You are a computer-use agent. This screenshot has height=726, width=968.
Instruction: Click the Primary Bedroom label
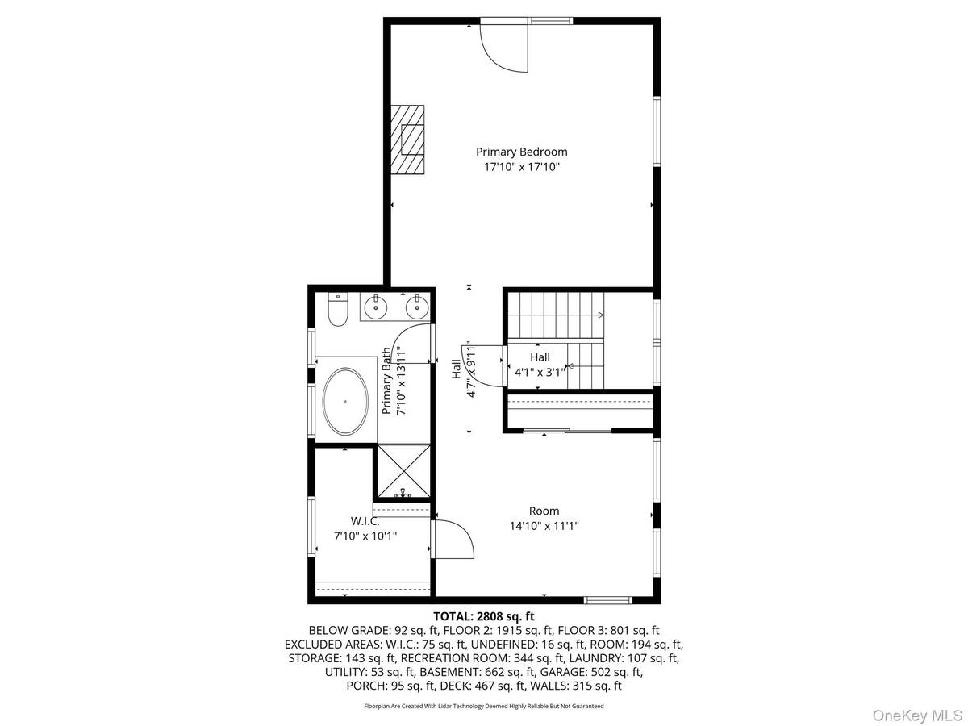tap(521, 152)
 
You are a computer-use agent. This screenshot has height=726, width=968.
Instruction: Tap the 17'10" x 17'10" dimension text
tap(521, 167)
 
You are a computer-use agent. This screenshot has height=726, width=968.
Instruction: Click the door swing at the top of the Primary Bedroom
tap(504, 47)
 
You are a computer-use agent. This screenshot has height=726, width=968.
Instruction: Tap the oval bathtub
tap(346, 402)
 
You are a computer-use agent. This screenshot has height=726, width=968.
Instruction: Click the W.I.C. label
tap(365, 520)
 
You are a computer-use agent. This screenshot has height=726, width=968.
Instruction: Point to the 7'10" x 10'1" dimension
tap(365, 536)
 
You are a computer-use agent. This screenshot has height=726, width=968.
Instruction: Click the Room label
tap(544, 511)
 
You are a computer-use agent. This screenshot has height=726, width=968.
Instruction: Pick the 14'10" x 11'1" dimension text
tap(544, 526)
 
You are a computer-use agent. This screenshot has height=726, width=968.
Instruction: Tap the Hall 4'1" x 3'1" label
tap(540, 365)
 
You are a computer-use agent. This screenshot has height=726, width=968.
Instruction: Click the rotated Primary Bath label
tap(393, 381)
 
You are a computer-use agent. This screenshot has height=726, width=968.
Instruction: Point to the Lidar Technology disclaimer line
tap(484, 706)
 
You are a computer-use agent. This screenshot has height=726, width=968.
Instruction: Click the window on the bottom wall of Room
tap(608, 599)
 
